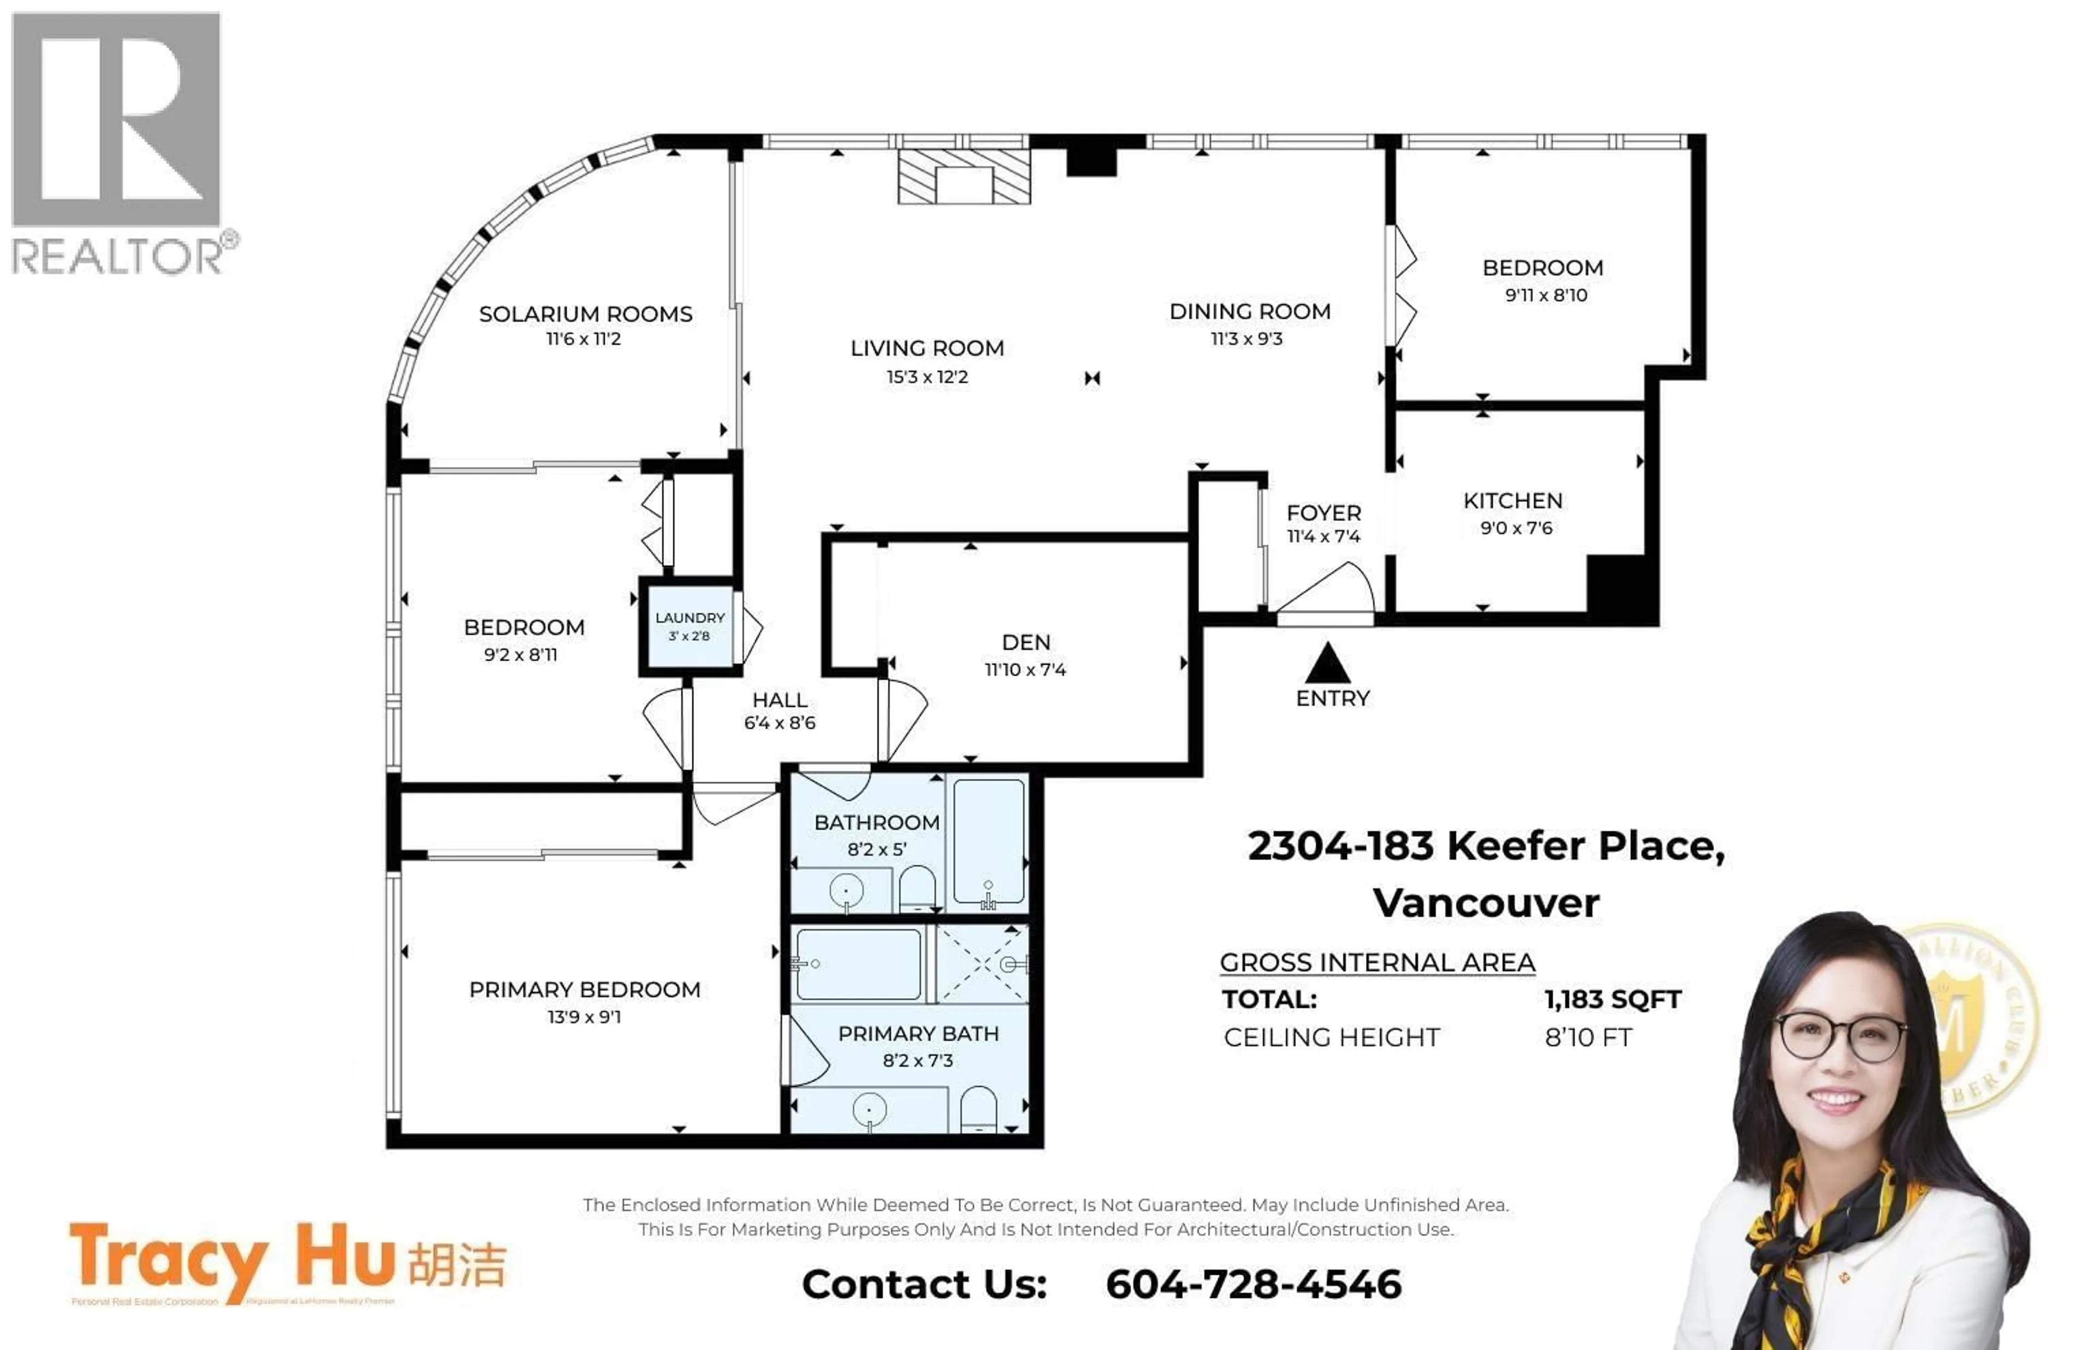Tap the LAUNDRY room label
(690, 618)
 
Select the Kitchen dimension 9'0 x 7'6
(1515, 528)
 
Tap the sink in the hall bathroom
(846, 891)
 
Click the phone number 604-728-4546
(1252, 1284)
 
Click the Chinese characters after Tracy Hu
(457, 1264)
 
